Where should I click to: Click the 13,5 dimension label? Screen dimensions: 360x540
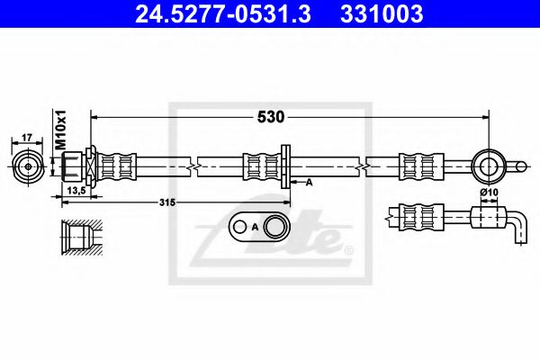(76, 192)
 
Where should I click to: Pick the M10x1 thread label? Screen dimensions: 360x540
(62, 132)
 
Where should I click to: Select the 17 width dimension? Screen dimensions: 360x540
(27, 137)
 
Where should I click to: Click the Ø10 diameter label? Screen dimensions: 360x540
(489, 193)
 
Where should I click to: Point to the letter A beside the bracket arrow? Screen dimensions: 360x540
(309, 183)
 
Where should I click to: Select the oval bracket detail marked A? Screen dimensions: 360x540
(261, 228)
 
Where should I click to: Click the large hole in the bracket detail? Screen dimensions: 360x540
(274, 228)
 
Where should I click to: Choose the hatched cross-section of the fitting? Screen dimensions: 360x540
(76, 237)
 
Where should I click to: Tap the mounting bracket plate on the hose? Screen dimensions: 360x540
(284, 166)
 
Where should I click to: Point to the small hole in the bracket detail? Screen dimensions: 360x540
(242, 228)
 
